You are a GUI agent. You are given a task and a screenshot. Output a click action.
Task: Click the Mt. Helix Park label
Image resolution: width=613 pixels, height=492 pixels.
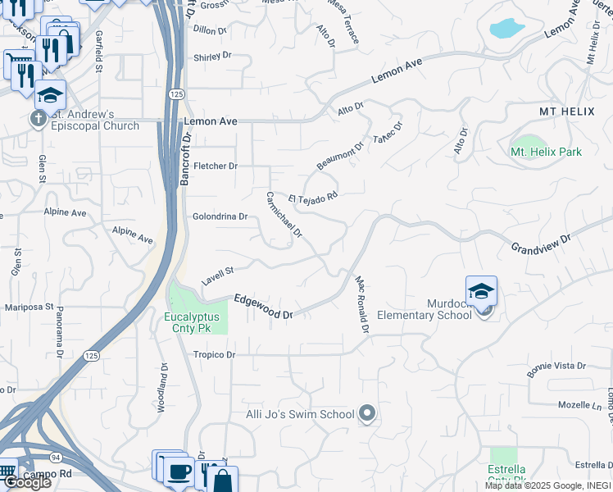[546, 152]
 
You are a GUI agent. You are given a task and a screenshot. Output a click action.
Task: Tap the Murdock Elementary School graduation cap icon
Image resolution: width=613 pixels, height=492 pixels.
[481, 292]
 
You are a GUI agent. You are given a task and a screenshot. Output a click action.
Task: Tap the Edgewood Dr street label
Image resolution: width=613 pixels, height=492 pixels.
[263, 307]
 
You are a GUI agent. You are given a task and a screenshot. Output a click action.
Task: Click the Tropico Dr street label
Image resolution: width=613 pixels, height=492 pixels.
[214, 355]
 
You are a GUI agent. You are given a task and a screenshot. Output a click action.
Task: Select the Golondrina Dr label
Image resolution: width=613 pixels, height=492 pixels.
[220, 216]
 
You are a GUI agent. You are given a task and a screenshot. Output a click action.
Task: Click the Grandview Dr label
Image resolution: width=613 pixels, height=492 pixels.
[540, 243]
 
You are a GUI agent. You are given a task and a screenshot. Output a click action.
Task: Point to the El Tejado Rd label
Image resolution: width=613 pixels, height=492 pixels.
[313, 198]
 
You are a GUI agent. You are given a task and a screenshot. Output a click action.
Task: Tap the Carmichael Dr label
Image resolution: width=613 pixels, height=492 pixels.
[284, 216]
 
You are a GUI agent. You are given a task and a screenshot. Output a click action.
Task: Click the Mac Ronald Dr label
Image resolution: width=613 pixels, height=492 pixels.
[362, 303]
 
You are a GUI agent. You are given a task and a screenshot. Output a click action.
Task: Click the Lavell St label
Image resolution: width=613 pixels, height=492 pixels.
[218, 275]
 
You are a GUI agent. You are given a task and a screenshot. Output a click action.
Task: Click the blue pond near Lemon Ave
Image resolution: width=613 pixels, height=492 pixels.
[506, 30]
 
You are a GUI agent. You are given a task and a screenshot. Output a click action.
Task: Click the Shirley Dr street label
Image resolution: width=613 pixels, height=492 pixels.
[212, 57]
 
